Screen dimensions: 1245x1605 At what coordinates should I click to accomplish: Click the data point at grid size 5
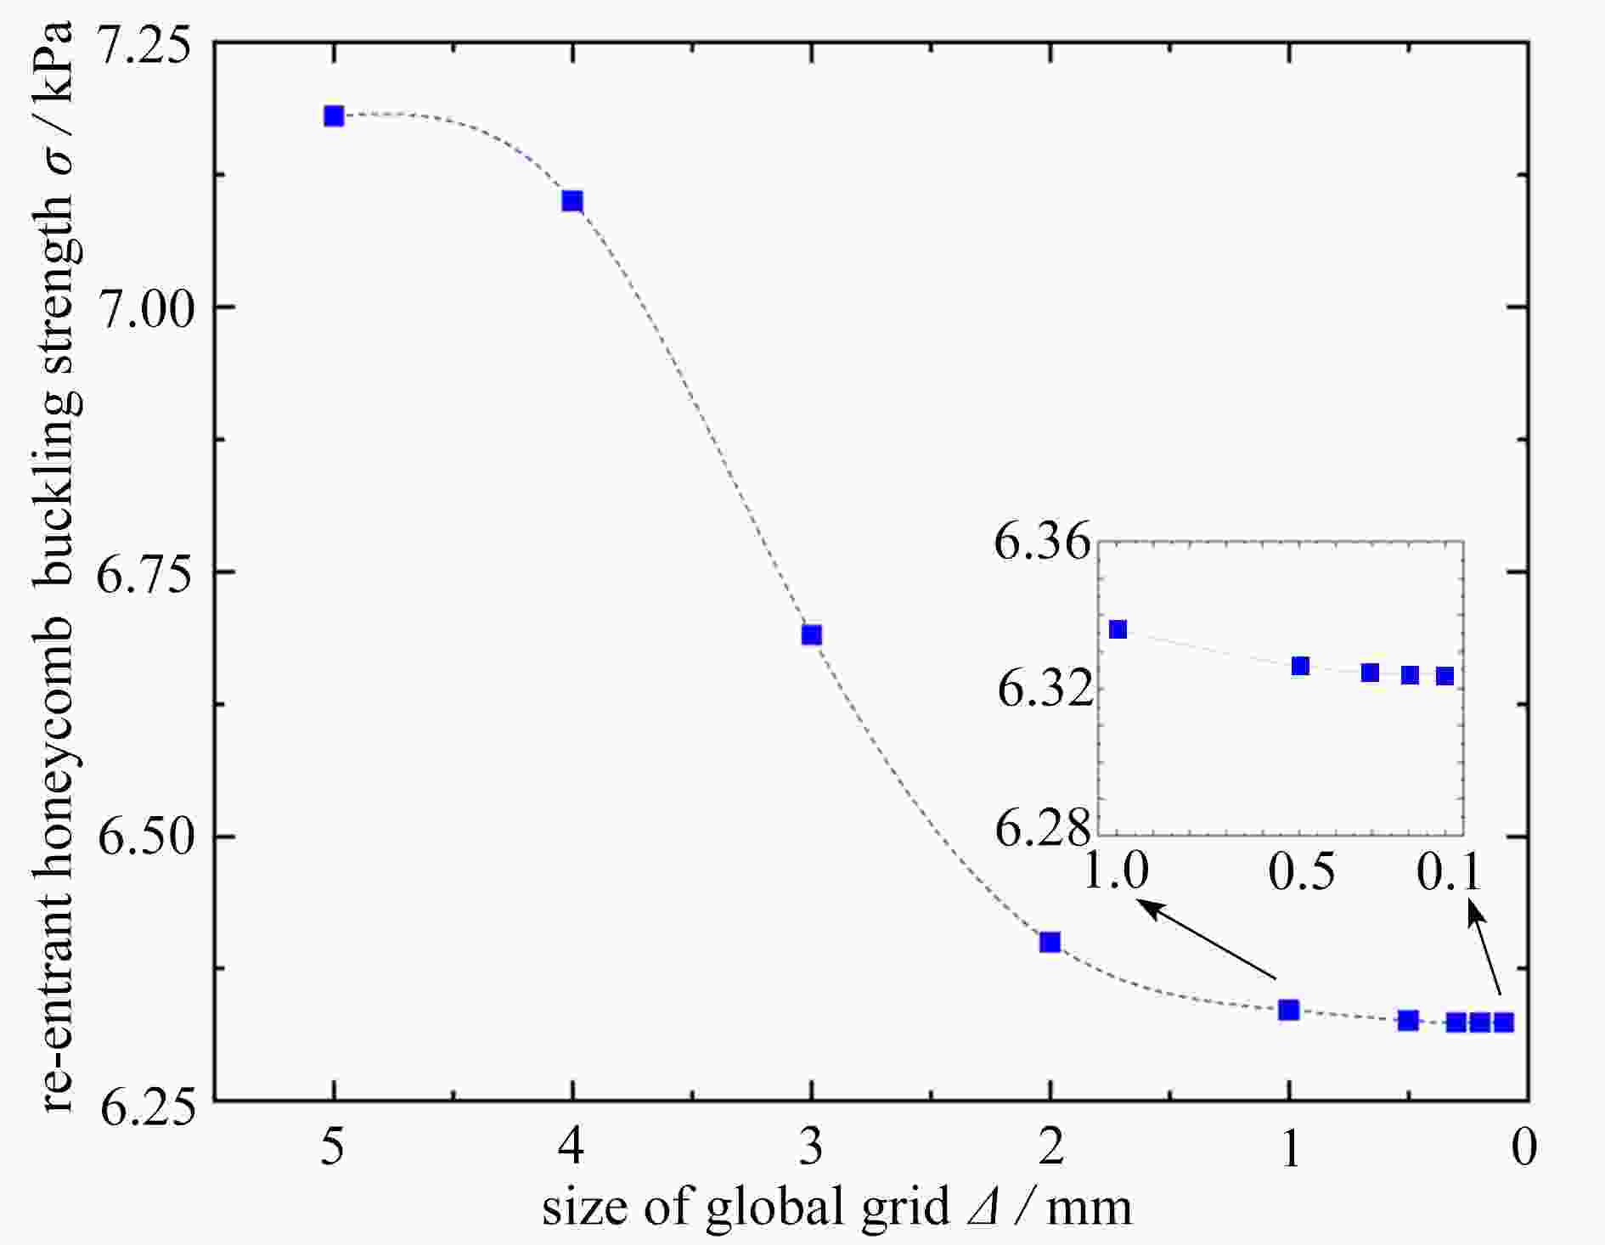pos(334,115)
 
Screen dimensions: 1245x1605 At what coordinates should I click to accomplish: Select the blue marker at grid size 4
pos(572,201)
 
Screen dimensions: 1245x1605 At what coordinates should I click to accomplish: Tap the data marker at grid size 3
pos(812,635)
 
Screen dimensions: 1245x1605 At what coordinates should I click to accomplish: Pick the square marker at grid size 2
pos(1050,942)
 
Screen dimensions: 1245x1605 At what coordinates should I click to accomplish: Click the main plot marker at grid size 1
pos(1289,1010)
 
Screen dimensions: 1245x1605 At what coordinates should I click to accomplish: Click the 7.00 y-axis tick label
pos(142,307)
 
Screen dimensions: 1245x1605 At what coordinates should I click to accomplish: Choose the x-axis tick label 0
pos(1524,1148)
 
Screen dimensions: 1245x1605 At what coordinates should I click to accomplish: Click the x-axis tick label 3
pos(812,1148)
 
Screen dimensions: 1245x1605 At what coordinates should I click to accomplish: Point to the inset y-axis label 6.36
pos(1041,542)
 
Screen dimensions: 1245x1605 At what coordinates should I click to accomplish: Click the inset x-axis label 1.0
pos(1116,871)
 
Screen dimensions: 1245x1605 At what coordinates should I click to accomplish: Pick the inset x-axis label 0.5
pos(1302,871)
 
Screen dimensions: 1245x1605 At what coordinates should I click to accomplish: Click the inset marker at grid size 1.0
pos(1118,629)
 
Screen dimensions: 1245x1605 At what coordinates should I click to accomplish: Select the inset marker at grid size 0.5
pos(1300,666)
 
